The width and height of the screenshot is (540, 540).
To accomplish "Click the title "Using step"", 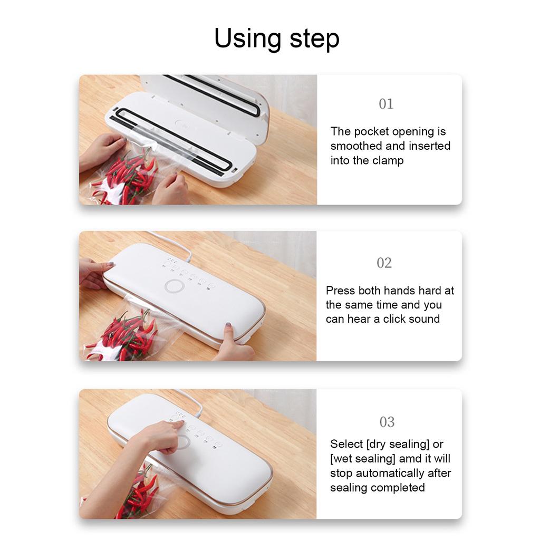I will (x=276, y=39).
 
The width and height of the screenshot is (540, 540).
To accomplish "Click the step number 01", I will (x=386, y=104).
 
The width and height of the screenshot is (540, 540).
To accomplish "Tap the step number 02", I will (x=384, y=263).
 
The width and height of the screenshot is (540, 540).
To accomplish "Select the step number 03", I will (x=387, y=422).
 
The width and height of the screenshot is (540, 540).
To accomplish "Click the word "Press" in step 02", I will (x=340, y=291).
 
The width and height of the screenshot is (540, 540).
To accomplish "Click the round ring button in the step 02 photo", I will (x=173, y=286).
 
